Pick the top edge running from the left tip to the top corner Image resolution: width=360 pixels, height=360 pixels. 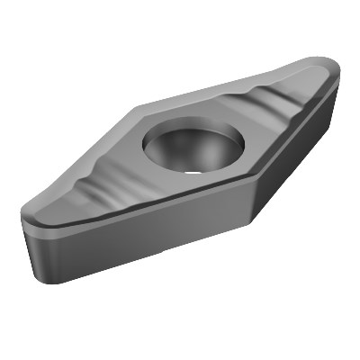point(81,162)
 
